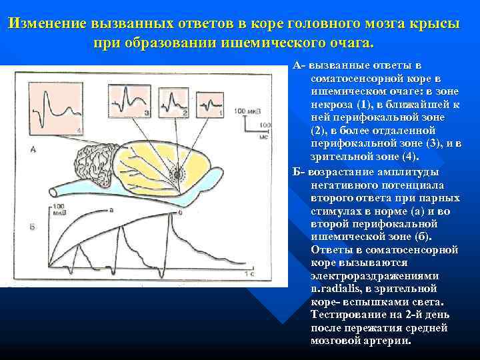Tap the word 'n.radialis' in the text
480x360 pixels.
(x=339, y=288)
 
